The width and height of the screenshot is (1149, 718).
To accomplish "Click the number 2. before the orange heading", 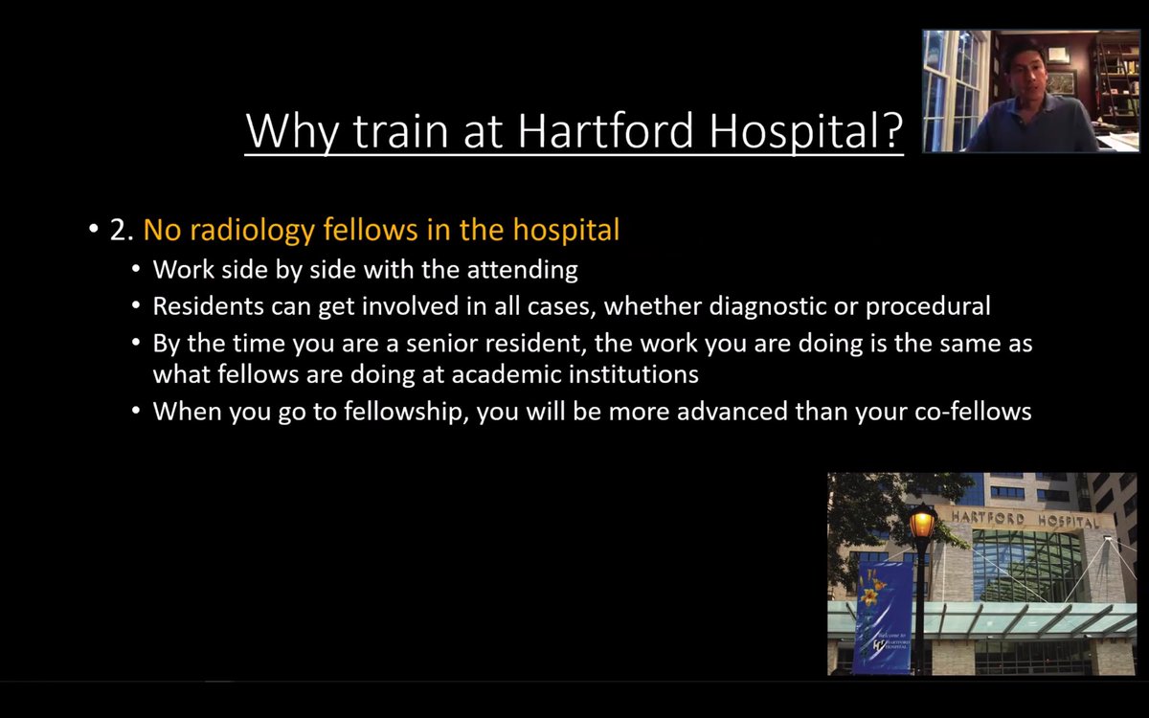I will [122, 231].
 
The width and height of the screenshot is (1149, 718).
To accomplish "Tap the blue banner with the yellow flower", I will [882, 617].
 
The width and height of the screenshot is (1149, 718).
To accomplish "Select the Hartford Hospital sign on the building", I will [1024, 520].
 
